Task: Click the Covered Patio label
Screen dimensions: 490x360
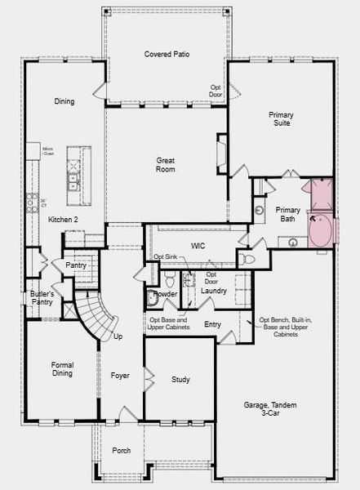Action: (167, 54)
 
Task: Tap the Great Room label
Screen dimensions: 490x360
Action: (166, 165)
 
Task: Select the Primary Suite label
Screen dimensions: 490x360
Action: (281, 120)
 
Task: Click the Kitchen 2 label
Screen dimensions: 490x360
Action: (62, 220)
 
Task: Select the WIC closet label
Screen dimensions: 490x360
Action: (198, 246)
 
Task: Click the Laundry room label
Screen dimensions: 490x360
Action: (213, 291)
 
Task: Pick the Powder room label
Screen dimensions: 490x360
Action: (166, 293)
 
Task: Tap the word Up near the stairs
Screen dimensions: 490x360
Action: (118, 336)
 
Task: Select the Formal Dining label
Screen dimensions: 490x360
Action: (62, 369)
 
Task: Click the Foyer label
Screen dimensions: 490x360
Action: (120, 375)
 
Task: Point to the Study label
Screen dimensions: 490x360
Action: (180, 380)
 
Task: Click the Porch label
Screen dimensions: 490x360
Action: (121, 450)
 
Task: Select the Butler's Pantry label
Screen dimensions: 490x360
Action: (42, 298)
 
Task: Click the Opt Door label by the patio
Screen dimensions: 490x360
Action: (216, 91)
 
